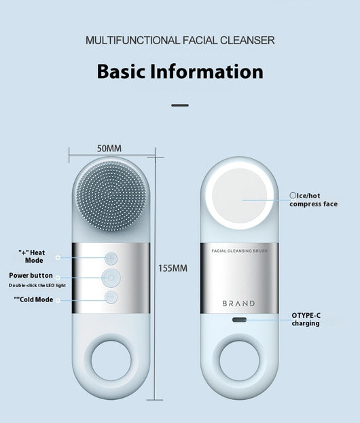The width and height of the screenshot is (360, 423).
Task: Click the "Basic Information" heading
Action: coord(180,71)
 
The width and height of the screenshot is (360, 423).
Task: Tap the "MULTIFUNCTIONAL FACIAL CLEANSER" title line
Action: coord(180,41)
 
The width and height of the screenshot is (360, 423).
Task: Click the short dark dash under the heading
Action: coord(180,105)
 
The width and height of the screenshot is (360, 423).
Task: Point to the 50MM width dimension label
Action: coord(109,149)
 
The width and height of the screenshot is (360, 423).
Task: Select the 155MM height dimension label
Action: coord(173,268)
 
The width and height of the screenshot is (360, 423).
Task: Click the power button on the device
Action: coord(111,278)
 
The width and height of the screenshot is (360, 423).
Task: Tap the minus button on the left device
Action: coord(111,297)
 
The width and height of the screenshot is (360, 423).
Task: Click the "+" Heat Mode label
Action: coord(32,257)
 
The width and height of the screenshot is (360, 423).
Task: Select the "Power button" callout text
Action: coord(31,276)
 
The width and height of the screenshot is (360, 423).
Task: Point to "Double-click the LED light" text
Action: coord(37,285)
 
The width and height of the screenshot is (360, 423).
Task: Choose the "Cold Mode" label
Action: coord(33,299)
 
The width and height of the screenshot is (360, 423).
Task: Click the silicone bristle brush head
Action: coord(111,196)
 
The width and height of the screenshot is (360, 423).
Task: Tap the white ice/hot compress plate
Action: coord(240,196)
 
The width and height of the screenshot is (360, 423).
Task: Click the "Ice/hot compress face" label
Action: coord(314,200)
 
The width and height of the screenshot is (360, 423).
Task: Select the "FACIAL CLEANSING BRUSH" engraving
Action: coord(239,251)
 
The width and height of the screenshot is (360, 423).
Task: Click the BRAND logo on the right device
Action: coord(238,304)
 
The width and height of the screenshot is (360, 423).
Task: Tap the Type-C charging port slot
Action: coord(239,320)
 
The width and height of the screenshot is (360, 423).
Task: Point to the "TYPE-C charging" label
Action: coord(306,319)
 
